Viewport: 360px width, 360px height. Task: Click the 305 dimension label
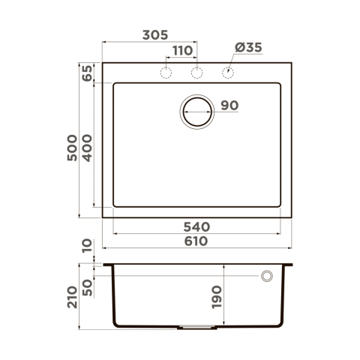[155, 35]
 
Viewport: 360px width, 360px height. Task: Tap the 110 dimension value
[183, 51]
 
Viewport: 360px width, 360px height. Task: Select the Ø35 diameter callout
[248, 47]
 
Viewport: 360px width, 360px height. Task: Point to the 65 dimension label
[88, 73]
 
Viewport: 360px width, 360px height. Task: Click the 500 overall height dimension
[72, 148]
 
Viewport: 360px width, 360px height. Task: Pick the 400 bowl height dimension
[88, 148]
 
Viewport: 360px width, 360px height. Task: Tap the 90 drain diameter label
[229, 106]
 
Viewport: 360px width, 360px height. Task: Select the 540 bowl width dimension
[196, 227]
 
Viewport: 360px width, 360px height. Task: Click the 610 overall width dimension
[196, 241]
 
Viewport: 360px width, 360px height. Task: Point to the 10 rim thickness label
[88, 246]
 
